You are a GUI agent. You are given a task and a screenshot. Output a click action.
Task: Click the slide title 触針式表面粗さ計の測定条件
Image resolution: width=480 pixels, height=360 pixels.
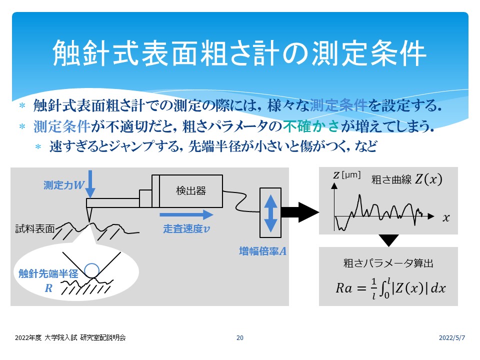point(239,53)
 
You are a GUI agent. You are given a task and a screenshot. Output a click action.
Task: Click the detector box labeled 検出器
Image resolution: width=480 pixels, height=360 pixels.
point(191,191)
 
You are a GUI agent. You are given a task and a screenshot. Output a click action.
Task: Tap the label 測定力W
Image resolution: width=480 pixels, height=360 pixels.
point(64,185)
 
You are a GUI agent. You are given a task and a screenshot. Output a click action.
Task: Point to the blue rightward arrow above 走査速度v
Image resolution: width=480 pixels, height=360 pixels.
point(186,214)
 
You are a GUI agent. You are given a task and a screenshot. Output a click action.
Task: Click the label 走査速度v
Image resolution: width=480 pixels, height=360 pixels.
point(186,228)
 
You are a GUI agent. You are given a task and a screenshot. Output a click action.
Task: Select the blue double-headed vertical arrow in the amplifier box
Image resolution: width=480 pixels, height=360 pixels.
point(270,213)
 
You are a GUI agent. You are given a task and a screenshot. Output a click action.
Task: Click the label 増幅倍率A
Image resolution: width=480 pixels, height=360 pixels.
point(262,251)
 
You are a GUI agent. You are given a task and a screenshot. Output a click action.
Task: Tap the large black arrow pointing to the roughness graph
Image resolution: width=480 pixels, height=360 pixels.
point(300,212)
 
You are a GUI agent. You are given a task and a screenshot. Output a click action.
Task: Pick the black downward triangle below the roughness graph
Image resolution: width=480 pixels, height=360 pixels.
point(389,240)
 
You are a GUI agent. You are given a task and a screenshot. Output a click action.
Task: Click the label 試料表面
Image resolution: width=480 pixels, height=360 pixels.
point(35,228)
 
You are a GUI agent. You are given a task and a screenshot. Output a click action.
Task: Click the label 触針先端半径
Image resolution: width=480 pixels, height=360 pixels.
point(48,273)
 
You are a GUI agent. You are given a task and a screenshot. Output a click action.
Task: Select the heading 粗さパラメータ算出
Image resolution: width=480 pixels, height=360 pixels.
point(388,263)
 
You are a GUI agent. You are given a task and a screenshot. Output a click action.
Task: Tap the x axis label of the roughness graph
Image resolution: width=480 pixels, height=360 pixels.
point(446,217)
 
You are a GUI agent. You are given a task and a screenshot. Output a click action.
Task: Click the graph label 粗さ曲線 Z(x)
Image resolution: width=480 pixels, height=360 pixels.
point(407,179)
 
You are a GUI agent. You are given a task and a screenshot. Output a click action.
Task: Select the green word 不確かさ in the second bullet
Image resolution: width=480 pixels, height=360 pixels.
point(311,126)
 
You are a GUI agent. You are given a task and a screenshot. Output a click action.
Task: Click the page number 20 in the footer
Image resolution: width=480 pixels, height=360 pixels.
point(240,337)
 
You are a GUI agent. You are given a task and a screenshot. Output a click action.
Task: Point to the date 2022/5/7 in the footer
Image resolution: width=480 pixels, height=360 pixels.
point(452,337)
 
